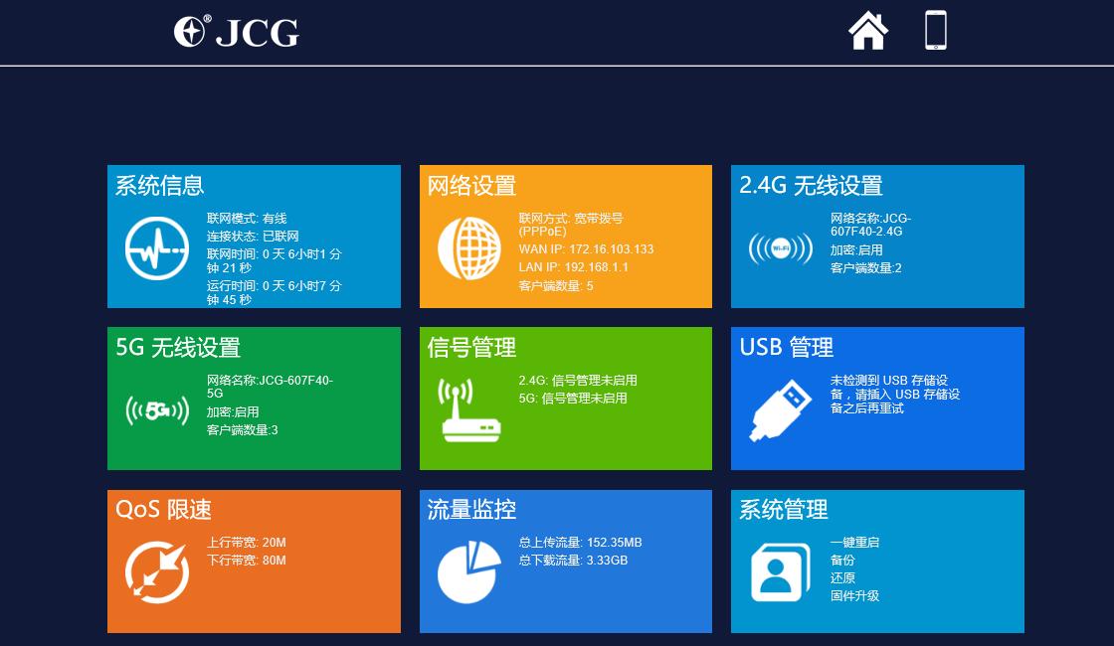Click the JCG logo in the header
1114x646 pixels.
[x=237, y=32]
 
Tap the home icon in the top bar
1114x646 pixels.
[x=868, y=31]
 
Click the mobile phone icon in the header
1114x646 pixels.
[x=935, y=31]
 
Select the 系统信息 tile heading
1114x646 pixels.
[x=160, y=186]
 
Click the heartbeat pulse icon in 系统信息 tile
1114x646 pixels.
[x=156, y=248]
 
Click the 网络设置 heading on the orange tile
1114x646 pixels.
[x=472, y=186]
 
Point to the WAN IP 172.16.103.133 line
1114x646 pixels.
[x=586, y=249]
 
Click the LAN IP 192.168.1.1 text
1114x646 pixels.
[x=574, y=267]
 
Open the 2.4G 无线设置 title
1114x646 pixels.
[x=811, y=186]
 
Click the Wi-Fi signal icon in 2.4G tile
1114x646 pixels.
[x=781, y=248]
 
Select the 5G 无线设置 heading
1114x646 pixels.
[x=178, y=348]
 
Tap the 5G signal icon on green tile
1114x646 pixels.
[x=157, y=409]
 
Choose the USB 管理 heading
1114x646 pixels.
[x=787, y=348]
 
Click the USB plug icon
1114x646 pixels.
[x=780, y=410]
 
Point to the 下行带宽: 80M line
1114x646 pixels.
[x=247, y=561]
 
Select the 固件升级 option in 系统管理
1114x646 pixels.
[x=854, y=596]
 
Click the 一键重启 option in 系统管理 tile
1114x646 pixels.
[x=854, y=543]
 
